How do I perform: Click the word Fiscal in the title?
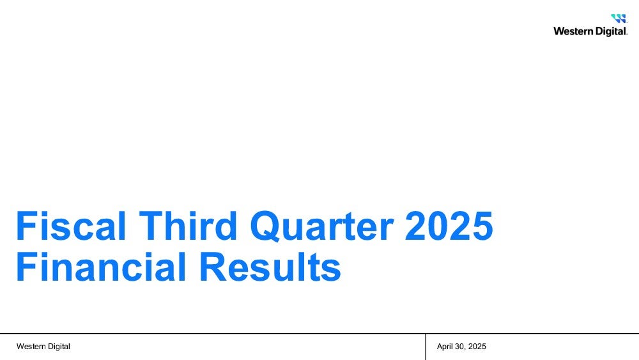pos(71,226)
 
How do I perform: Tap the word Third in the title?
pos(188,226)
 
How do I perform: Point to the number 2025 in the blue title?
pos(449,226)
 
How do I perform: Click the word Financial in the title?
pos(101,267)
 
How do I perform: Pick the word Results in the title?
pos(270,267)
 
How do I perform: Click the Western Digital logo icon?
pos(618,19)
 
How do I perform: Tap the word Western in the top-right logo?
pos(571,31)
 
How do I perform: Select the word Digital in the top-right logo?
pos(608,32)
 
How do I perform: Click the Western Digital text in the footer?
pos(43,347)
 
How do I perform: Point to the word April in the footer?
pos(445,347)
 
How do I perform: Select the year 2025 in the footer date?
pos(477,347)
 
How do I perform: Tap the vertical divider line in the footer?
pos(426,347)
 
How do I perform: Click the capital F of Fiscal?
pos(24,226)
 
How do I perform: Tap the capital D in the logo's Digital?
pos(594,31)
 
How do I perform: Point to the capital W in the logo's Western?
pos(559,31)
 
